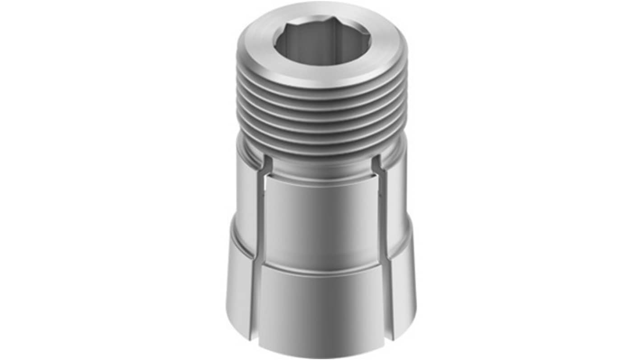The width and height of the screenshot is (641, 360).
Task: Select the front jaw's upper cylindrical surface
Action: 321,217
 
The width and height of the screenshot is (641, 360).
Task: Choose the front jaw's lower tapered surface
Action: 321,307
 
